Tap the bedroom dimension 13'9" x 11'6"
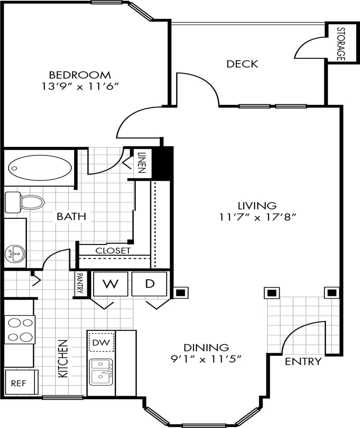coord(79,86)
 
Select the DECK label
coord(242,64)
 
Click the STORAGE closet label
coord(341,43)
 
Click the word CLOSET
coord(113,251)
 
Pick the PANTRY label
coord(79,284)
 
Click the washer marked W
coord(110,284)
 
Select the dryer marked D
coord(149,284)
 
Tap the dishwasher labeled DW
coord(102,342)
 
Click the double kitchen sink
coord(102,372)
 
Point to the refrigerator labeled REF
coord(19,382)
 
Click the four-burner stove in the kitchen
coord(19,330)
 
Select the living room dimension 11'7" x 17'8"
coord(258,217)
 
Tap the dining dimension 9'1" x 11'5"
coord(206,359)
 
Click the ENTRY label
coord(303,361)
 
